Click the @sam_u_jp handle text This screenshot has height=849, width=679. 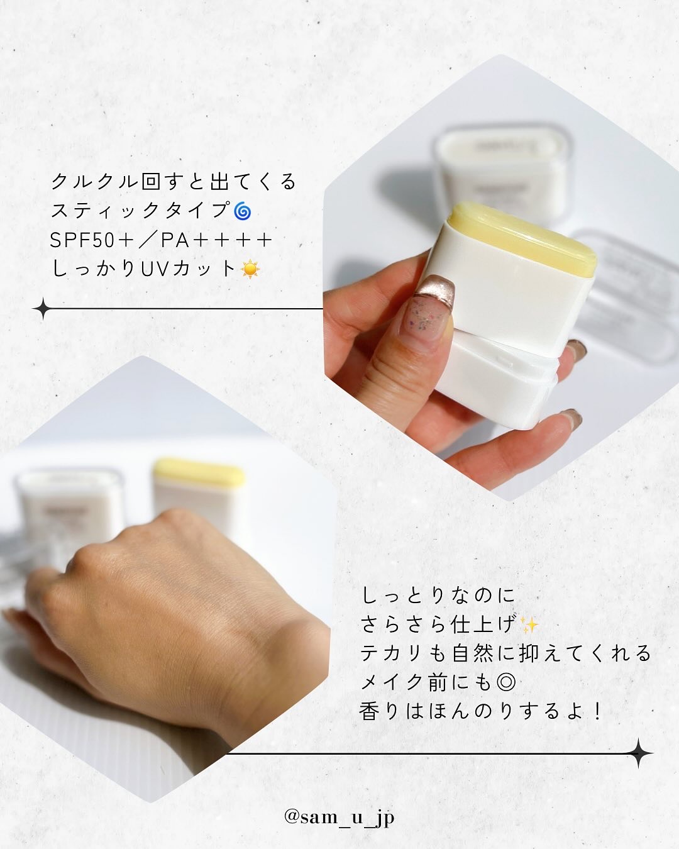339,818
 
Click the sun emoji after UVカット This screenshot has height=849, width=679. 250,269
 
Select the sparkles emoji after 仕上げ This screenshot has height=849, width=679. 529,625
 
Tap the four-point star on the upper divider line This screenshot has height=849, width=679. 43,309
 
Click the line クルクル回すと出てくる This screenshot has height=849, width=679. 174,182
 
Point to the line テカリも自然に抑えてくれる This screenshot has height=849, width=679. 505,653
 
